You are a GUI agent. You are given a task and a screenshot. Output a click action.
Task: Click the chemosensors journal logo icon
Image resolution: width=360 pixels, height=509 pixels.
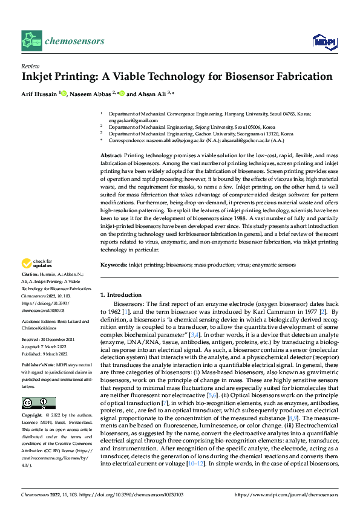pyautogui.click(x=30, y=42)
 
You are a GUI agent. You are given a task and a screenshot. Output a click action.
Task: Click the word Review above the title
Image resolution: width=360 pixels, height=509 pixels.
pyautogui.click(x=28, y=66)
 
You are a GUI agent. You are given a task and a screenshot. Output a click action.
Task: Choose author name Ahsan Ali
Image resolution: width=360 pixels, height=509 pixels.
pyautogui.click(x=150, y=94)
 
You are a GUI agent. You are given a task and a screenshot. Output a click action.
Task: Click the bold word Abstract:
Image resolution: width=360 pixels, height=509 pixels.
pyautogui.click(x=111, y=155)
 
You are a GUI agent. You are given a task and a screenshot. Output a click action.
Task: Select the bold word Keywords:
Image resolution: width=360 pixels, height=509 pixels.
pyautogui.click(x=113, y=265)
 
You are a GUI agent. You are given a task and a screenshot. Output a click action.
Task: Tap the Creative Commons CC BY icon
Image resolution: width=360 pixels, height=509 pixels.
pyautogui.click(x=38, y=386)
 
